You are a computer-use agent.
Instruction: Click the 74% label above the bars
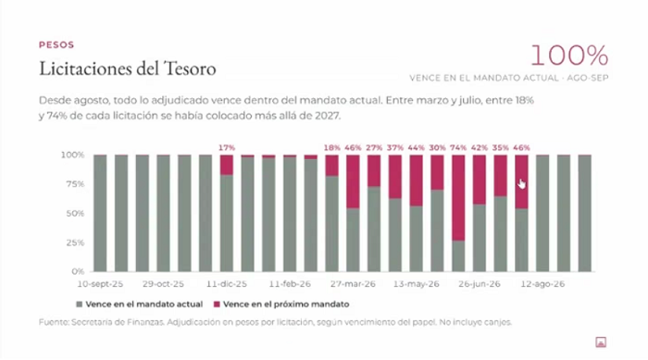(x=458, y=147)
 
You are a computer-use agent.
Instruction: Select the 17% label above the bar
(x=227, y=147)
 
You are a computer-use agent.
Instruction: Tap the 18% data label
(x=331, y=147)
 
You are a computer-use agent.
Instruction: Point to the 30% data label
(x=437, y=147)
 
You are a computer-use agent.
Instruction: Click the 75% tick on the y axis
(x=76, y=184)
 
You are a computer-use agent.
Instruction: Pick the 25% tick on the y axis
(x=76, y=242)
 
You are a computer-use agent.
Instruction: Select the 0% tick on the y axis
(x=78, y=271)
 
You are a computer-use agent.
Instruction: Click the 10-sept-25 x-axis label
(x=100, y=284)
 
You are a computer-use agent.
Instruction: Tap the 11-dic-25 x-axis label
(x=227, y=284)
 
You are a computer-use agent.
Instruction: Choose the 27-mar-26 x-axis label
(x=353, y=284)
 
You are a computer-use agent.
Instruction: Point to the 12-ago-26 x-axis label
(x=542, y=284)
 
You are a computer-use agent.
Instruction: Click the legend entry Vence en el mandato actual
(x=140, y=304)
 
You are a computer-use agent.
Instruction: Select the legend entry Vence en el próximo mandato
(x=281, y=304)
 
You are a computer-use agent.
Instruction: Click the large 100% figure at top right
(x=569, y=56)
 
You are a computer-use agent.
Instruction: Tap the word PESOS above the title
(x=56, y=44)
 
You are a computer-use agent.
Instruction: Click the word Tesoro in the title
(x=190, y=68)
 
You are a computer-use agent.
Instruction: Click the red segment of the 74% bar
(x=458, y=198)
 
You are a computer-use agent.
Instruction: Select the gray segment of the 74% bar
(x=458, y=256)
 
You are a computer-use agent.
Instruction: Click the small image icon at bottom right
(x=601, y=342)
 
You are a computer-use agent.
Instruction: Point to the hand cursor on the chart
(x=521, y=184)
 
